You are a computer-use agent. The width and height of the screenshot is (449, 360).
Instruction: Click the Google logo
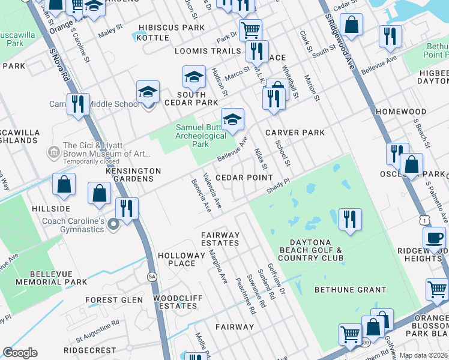pos(20,353)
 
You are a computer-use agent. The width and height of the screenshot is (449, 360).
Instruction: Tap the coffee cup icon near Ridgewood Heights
pos(434,236)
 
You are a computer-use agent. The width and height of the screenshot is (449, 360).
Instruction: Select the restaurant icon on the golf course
pos(350,218)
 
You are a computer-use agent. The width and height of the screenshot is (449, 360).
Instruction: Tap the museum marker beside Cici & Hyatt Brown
pos(55,149)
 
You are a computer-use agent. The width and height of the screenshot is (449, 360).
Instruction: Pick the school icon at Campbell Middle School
pos(148,92)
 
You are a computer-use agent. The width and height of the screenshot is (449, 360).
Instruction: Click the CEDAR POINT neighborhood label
pos(244,178)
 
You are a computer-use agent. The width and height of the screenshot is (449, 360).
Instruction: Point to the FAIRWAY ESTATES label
pos(220,239)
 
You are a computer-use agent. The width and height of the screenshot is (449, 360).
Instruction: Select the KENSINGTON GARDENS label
pos(133,175)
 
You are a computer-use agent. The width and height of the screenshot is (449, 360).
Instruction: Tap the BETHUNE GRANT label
pos(351,290)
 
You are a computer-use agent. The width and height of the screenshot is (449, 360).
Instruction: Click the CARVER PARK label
pos(295,133)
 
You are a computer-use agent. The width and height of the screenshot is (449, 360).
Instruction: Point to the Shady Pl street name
pos(279,185)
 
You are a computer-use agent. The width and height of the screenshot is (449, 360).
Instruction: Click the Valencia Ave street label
pos(212,191)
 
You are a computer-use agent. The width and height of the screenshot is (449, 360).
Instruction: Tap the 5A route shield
pos(152,276)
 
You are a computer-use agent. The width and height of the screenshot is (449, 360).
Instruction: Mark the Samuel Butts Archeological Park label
pos(200,136)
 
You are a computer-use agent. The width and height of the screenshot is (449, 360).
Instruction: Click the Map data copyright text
pos(423,355)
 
